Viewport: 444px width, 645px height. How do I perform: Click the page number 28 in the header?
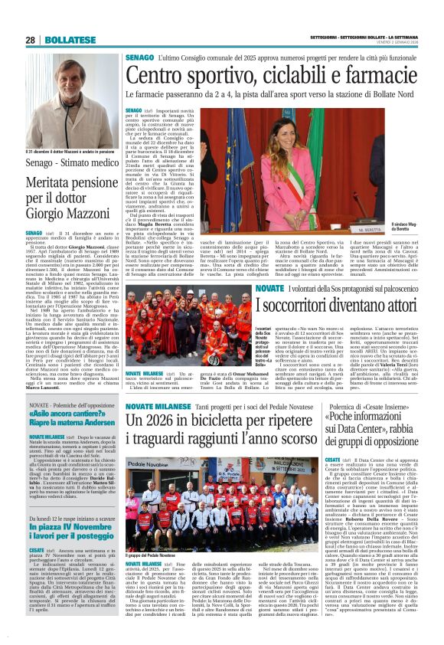(x=31, y=40)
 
